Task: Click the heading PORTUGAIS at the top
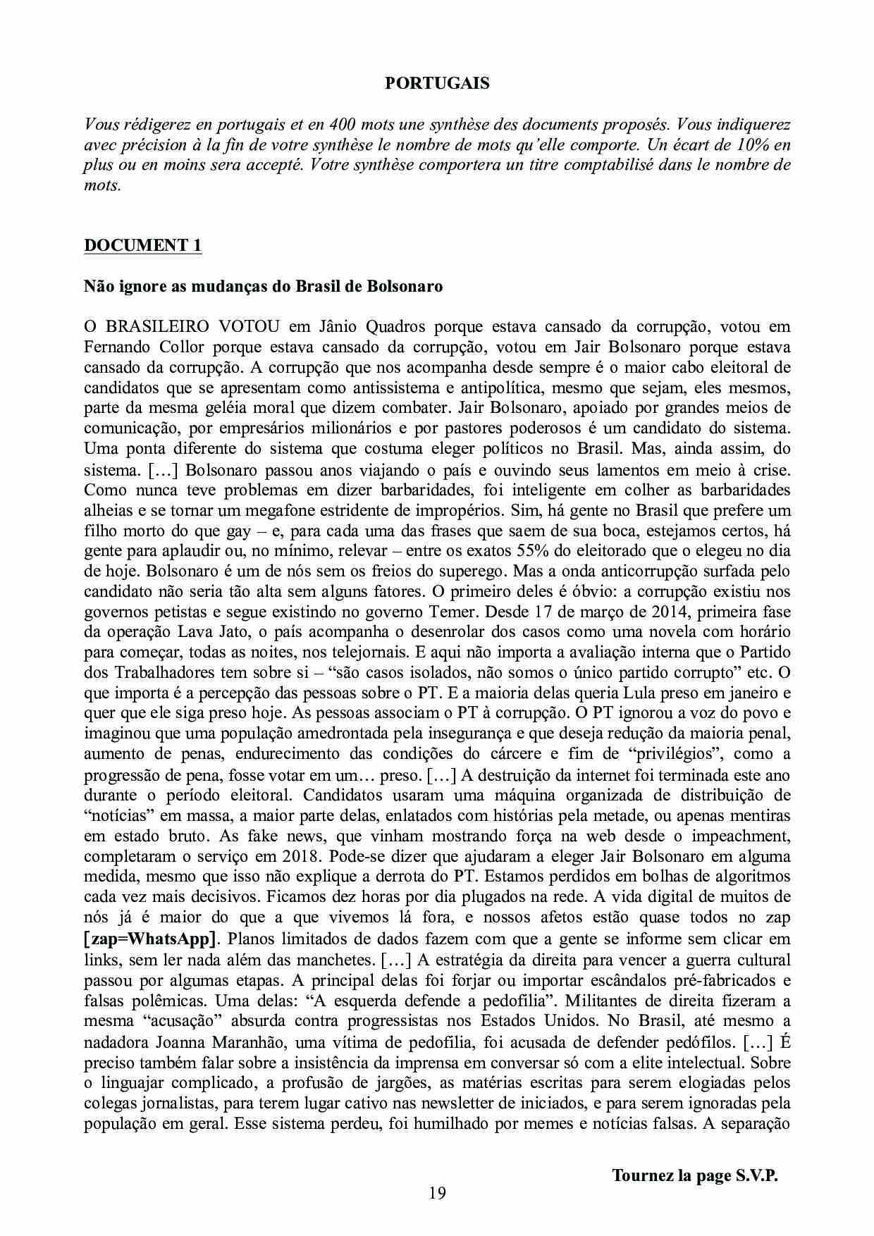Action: (437, 84)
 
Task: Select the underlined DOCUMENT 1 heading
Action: (143, 245)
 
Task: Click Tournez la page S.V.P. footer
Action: (694, 1176)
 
